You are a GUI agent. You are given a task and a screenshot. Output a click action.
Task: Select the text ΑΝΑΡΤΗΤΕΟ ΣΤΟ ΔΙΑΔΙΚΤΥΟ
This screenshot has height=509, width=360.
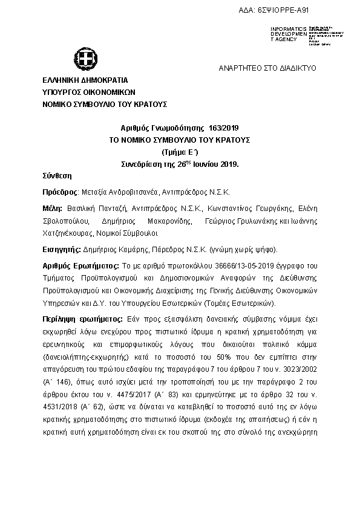pyautogui.click(x=267, y=69)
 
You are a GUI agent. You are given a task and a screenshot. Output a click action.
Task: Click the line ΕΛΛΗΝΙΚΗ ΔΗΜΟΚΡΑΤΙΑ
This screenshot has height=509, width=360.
pyautogui.click(x=85, y=80)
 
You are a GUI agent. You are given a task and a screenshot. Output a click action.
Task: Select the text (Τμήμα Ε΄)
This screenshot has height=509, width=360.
pyautogui.click(x=179, y=152)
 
